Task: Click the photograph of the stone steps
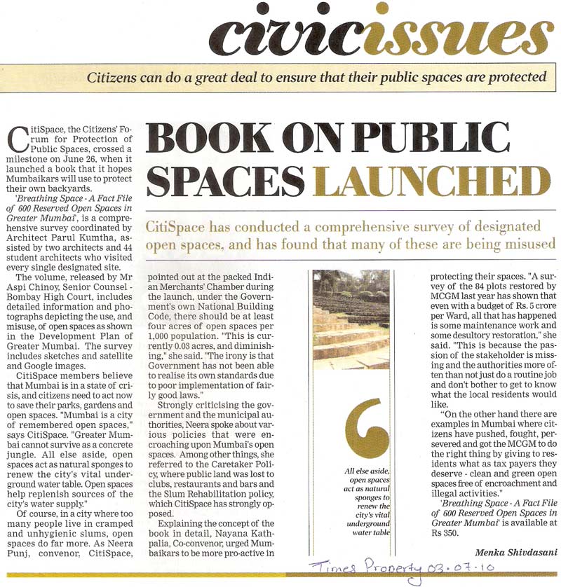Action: pos(351,318)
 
